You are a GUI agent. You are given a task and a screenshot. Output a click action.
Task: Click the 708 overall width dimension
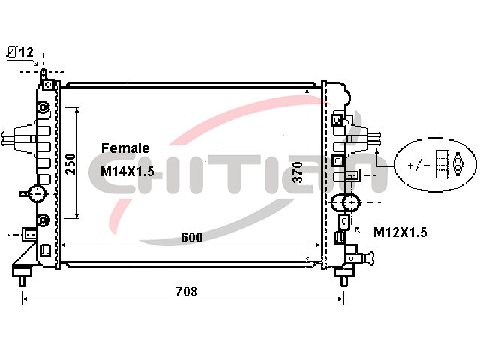point(187,291)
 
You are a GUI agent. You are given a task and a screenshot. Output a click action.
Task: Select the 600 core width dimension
point(192,238)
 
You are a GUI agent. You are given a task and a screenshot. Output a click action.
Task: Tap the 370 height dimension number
point(297,172)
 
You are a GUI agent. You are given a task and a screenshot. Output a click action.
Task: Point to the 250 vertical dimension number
point(70,164)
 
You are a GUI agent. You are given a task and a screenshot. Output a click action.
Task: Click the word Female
point(125,148)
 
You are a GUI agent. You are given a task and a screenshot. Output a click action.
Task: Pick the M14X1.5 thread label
point(127,172)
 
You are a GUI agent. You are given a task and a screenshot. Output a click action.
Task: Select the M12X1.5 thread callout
point(400,232)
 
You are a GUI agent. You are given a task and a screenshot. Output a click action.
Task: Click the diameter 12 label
point(20,52)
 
